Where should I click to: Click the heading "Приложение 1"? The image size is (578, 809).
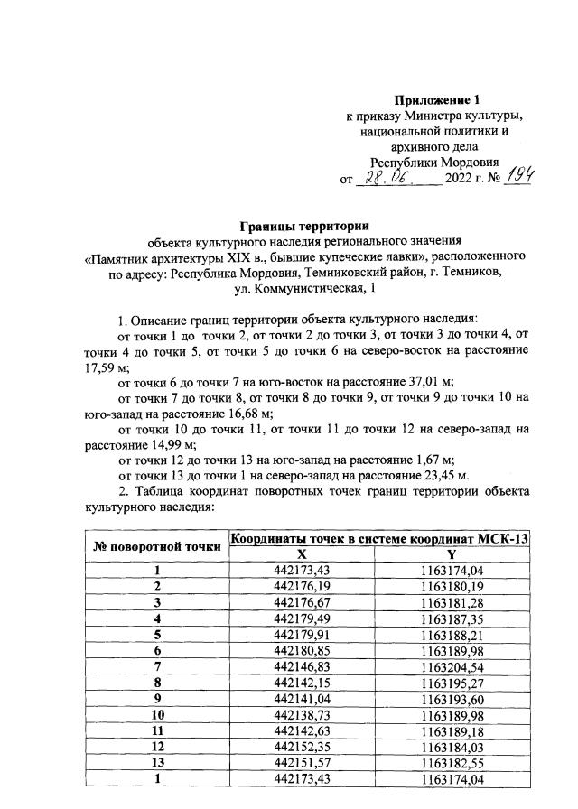pos(434,99)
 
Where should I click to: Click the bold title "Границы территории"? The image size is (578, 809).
pos(296,225)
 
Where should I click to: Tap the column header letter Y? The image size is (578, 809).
pos(452,553)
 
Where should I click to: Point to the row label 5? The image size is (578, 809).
pos(157,633)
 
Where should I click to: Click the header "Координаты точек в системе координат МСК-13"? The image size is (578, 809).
pos(379,538)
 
